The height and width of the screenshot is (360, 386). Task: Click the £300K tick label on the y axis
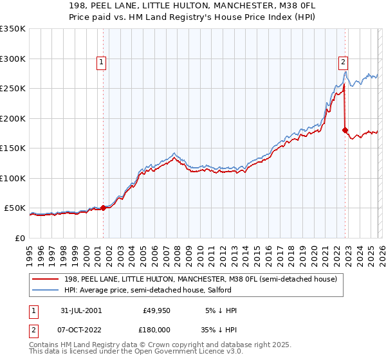(13, 59)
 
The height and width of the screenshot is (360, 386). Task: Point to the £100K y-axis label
(13, 178)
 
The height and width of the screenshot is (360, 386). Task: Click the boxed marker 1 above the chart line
(102, 62)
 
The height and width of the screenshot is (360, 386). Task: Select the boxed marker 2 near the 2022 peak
(343, 62)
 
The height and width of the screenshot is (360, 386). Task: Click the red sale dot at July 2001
(104, 208)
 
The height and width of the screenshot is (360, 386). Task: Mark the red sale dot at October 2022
(345, 130)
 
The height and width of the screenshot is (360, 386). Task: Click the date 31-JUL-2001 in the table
(79, 310)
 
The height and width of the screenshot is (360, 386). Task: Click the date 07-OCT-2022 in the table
(79, 330)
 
